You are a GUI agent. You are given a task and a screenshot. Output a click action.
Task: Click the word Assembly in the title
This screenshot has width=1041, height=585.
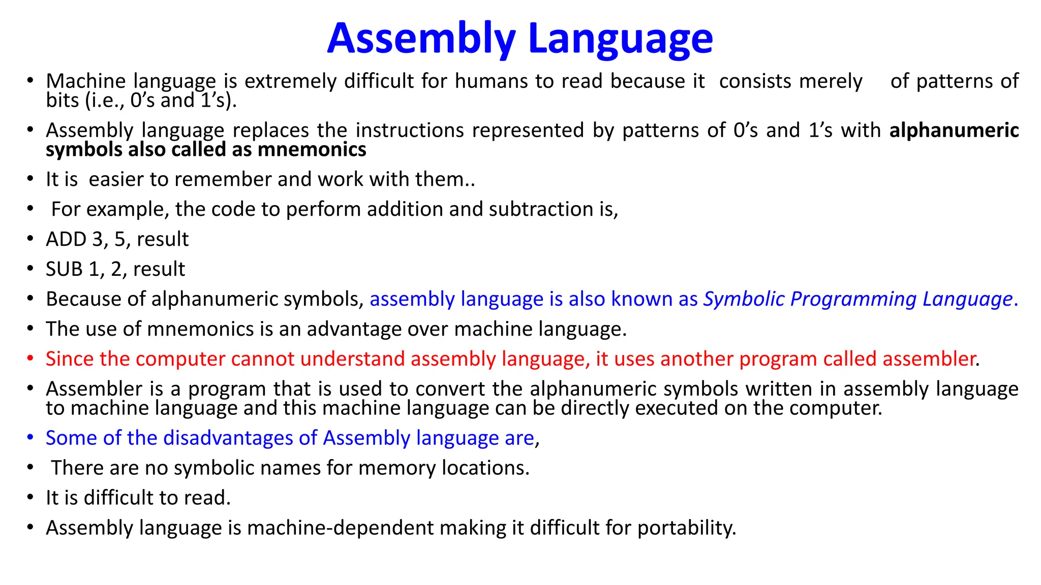pos(421,39)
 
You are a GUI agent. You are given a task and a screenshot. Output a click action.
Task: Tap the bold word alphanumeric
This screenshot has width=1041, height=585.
pos(954,131)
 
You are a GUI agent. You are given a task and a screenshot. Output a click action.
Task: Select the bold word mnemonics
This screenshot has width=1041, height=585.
pos(312,150)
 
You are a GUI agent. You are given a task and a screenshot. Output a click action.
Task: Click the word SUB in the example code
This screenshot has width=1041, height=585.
pos(64,269)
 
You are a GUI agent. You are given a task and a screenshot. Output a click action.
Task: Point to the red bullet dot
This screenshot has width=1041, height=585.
pos(30,359)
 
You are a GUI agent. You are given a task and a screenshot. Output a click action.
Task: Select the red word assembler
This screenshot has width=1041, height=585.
pos(929,359)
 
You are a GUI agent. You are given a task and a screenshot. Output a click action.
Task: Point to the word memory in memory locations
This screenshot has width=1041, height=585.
pos(396,468)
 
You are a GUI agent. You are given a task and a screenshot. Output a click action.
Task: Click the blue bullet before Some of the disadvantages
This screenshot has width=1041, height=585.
pos(30,438)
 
